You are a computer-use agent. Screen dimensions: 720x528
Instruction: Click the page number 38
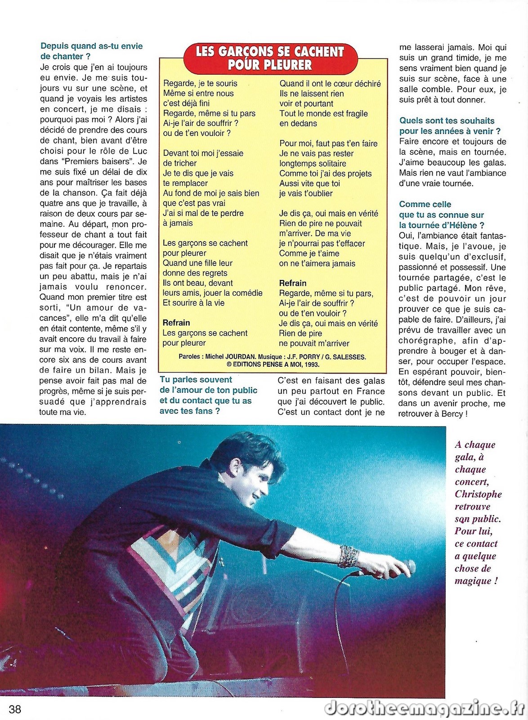pyautogui.click(x=15, y=709)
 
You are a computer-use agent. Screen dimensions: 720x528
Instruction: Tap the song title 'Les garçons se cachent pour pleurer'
pyautogui.click(x=270, y=58)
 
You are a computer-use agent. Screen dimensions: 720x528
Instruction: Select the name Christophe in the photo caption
pyautogui.click(x=478, y=494)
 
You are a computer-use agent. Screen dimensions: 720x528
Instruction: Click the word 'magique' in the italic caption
pyautogui.click(x=473, y=581)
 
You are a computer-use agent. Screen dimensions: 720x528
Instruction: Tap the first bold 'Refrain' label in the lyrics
pyautogui.click(x=176, y=323)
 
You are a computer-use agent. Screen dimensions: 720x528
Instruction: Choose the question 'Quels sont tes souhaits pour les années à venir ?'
pyautogui.click(x=450, y=126)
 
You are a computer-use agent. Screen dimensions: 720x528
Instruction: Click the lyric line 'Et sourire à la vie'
pyautogui.click(x=193, y=303)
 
